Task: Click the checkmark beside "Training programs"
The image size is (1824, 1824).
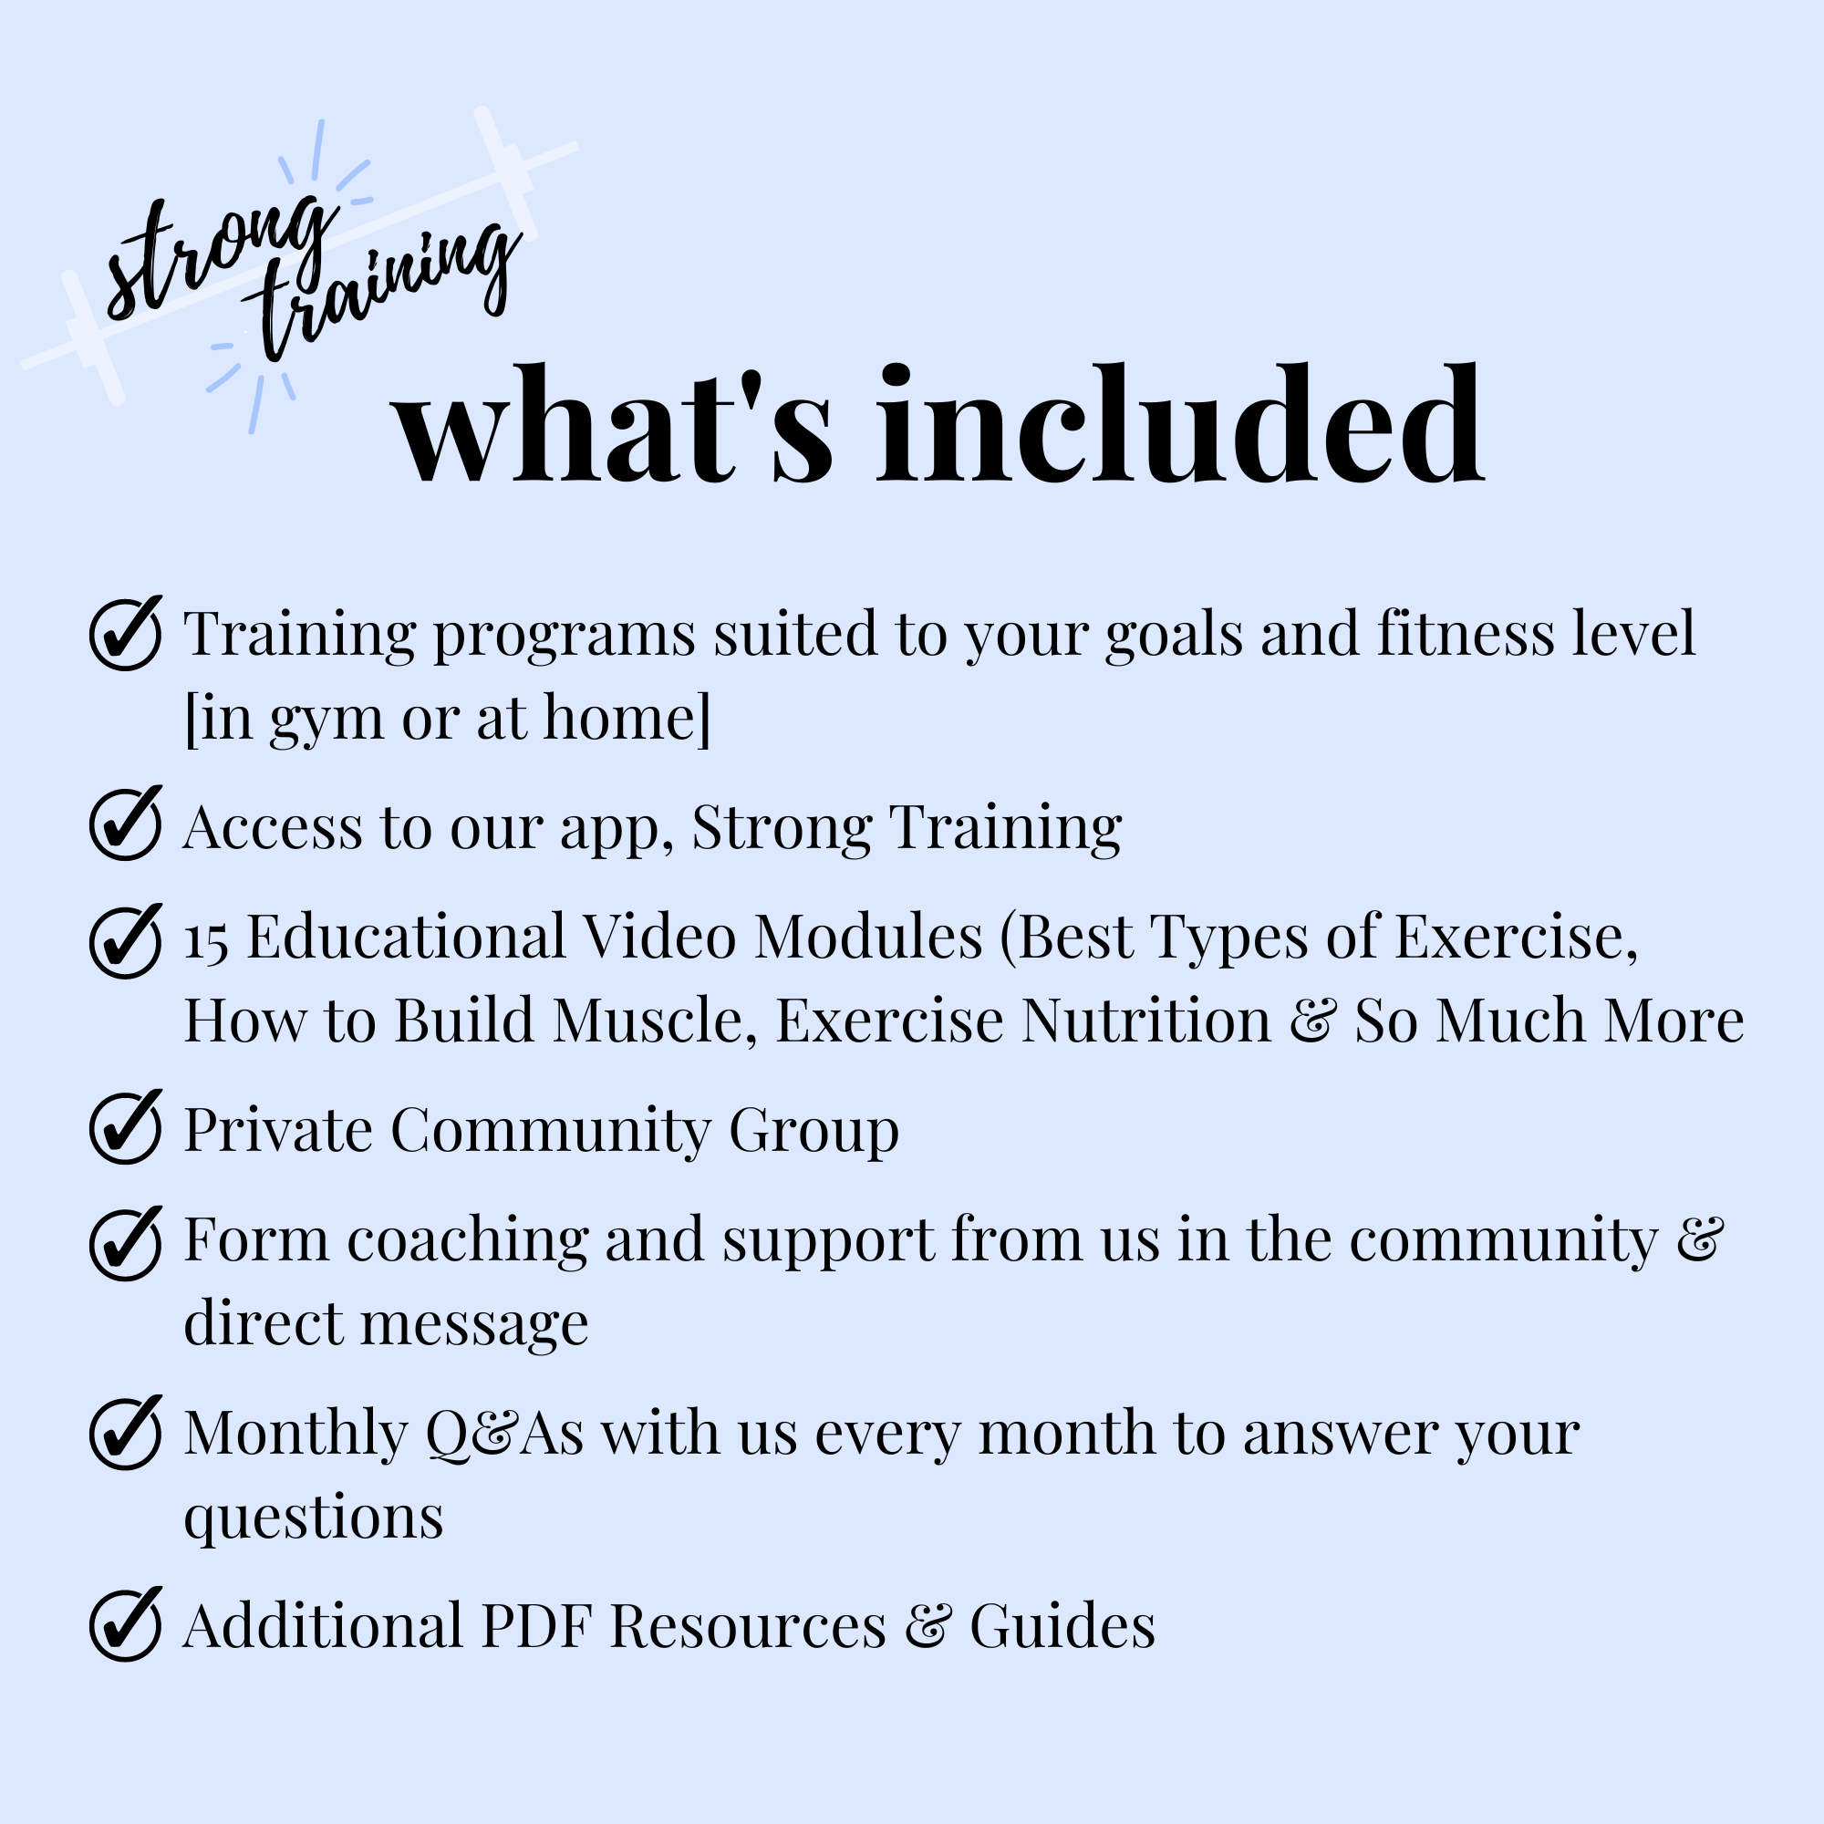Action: point(126,633)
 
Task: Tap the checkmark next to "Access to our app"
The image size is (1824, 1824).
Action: point(126,823)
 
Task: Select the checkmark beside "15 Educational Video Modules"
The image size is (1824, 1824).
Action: point(126,940)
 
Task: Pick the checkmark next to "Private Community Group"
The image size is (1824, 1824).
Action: point(126,1126)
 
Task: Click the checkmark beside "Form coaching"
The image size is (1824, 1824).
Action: point(126,1243)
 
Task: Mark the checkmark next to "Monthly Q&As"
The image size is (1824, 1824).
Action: point(126,1432)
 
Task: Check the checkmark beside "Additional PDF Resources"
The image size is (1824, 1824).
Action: point(126,1624)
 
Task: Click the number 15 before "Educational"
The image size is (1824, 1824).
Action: point(206,941)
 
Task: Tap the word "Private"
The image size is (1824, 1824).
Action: point(278,1129)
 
